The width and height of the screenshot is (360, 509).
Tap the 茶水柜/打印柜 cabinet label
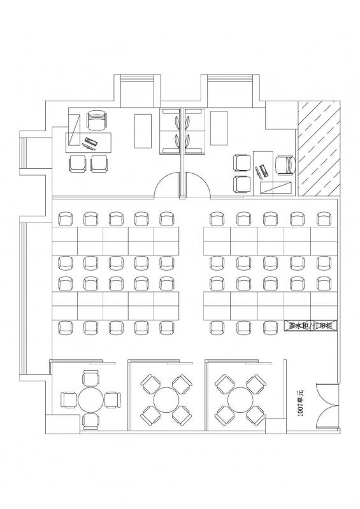[311, 326]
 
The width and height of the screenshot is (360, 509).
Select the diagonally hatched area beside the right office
[319, 148]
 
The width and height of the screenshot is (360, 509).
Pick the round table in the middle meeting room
[166, 399]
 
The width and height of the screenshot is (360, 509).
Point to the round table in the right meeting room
[240, 399]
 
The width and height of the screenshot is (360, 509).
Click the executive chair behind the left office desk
[97, 120]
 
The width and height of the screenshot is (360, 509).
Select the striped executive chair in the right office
[285, 165]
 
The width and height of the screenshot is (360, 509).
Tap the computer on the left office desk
[90, 143]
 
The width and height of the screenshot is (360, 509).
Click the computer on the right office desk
[262, 172]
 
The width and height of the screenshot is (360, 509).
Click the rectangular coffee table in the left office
[143, 131]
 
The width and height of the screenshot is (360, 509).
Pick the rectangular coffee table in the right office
[219, 128]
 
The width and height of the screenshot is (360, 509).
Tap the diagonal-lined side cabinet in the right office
[276, 187]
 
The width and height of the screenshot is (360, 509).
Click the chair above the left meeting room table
[90, 378]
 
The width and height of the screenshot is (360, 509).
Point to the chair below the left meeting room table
[90, 421]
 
